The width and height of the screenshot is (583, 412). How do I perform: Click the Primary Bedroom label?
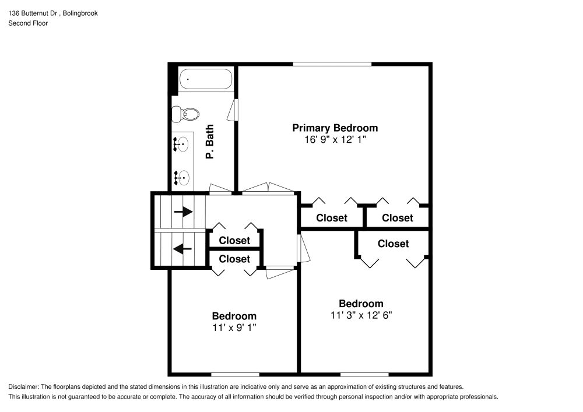point(335,128)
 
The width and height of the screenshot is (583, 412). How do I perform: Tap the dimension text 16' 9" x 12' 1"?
point(335,140)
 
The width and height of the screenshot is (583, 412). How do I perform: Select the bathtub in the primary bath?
point(206,79)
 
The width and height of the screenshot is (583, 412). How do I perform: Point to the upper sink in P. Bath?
point(182,143)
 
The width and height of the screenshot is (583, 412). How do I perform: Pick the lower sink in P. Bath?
point(182,175)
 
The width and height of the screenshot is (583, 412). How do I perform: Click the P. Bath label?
point(210,142)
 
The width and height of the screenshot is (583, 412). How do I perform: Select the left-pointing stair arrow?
point(183,249)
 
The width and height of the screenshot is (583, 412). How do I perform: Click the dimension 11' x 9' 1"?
point(234,328)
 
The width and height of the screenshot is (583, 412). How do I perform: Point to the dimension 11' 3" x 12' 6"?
point(361,315)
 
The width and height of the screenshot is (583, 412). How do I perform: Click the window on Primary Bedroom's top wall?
point(332,64)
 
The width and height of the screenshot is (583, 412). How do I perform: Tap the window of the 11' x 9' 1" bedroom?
point(235,374)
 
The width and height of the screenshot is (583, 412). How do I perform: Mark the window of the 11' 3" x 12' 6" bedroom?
point(364,374)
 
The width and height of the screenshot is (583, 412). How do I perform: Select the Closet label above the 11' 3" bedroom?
point(393,244)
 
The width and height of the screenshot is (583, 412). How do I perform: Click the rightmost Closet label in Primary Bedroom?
point(398,218)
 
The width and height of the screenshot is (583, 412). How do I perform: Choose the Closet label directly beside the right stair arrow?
point(234,240)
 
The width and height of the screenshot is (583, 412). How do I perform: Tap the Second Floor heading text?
point(28,23)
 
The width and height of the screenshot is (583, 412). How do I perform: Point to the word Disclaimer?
point(23,386)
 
